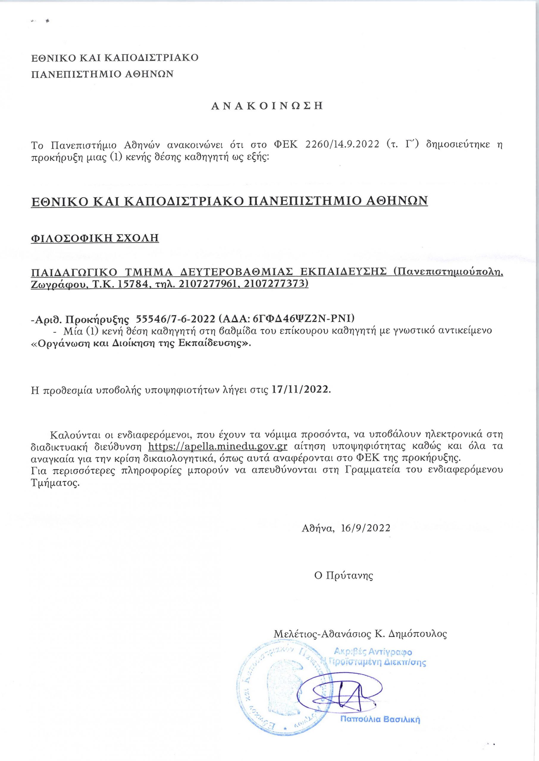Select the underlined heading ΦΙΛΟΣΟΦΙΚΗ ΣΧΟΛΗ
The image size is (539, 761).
[95, 238]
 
